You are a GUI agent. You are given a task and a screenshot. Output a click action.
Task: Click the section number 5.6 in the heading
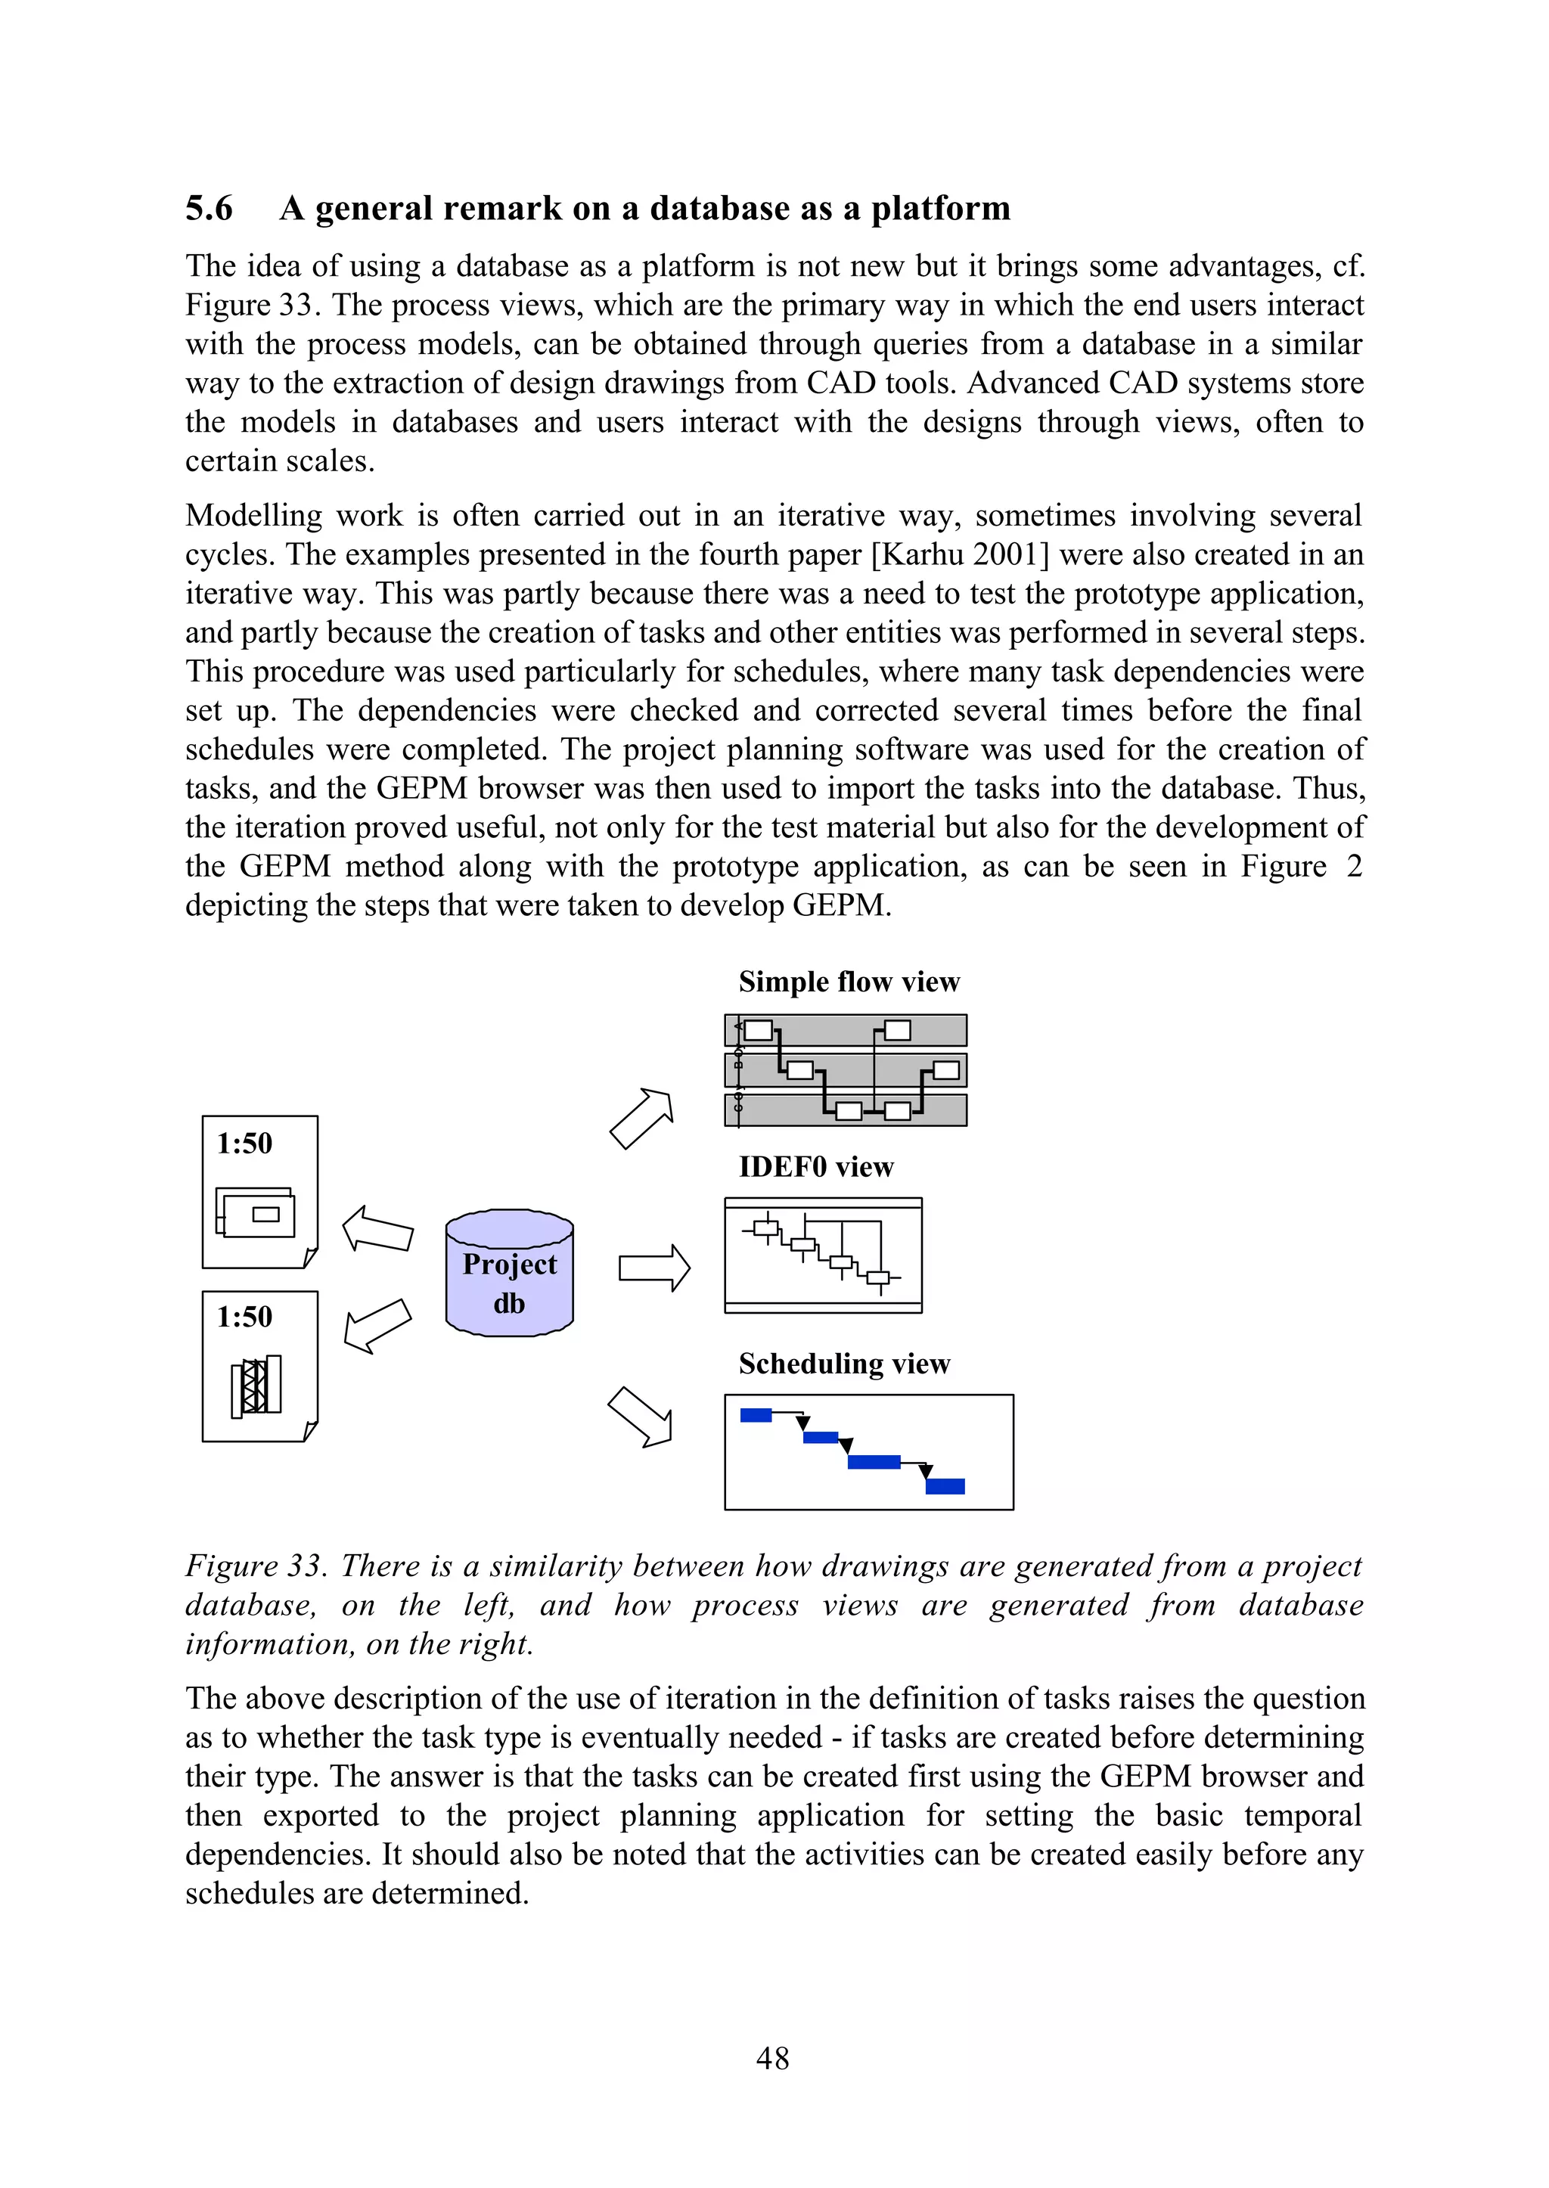(x=209, y=208)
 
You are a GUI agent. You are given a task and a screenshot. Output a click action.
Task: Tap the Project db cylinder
(x=509, y=1274)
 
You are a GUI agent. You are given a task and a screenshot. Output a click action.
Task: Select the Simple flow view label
(x=849, y=982)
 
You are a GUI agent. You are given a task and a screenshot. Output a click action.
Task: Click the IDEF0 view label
(x=815, y=1166)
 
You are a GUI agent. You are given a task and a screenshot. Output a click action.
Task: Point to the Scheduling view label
(x=844, y=1363)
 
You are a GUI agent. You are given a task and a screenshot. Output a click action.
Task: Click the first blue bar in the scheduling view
(x=756, y=1415)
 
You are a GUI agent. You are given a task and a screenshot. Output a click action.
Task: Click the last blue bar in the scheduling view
(x=945, y=1486)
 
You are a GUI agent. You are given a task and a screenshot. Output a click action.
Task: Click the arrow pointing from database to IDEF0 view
(x=654, y=1268)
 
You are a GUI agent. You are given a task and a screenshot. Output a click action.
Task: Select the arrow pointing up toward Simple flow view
(x=642, y=1118)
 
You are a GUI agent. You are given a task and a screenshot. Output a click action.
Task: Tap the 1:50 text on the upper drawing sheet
(x=244, y=1143)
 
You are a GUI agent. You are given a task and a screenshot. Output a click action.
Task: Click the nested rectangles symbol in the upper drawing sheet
(x=255, y=1212)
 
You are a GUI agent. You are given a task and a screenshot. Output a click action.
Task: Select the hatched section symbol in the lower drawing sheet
(x=256, y=1386)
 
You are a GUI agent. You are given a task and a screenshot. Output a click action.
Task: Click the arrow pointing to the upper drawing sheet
(x=377, y=1230)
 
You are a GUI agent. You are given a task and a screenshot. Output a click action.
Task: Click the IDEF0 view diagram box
(x=822, y=1255)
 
